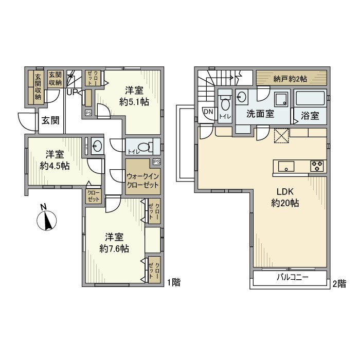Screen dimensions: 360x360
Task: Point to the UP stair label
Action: pyautogui.click(x=71, y=93)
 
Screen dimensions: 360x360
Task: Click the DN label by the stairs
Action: pyautogui.click(x=208, y=112)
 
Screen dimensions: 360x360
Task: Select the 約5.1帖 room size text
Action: pyautogui.click(x=135, y=102)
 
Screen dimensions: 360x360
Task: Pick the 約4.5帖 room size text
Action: pyautogui.click(x=55, y=166)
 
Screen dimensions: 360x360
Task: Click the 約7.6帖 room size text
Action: pyautogui.click(x=114, y=248)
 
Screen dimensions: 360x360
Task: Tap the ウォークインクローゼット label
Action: pyautogui.click(x=142, y=180)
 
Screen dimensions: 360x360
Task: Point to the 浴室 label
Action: pyautogui.click(x=311, y=116)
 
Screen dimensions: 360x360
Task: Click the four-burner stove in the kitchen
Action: pyautogui.click(x=317, y=166)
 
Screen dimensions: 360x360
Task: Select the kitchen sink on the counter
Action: pyautogui.click(x=286, y=166)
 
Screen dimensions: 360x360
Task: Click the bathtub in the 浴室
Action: pyautogui.click(x=310, y=98)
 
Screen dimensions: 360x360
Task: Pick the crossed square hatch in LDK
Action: pyautogui.click(x=281, y=136)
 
